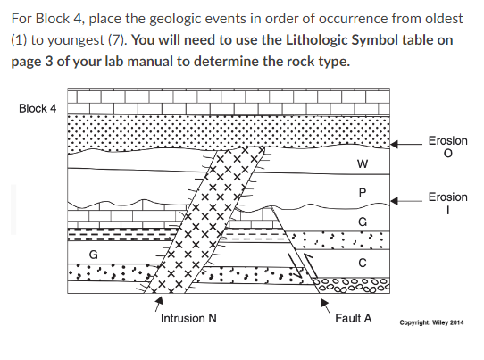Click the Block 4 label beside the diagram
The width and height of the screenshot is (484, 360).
(37, 108)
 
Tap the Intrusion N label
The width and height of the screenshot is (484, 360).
(186, 318)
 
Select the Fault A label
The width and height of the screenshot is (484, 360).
(354, 318)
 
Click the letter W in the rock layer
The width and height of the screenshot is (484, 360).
(361, 163)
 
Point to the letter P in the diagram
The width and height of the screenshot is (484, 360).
(361, 193)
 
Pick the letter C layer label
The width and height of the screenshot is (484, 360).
(362, 262)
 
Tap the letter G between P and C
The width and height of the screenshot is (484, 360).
(361, 222)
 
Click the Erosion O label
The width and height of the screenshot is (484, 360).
(447, 148)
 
